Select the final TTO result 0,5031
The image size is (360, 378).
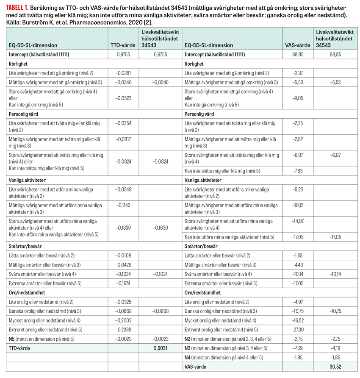pos(159,348)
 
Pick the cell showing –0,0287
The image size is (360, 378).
pos(124,73)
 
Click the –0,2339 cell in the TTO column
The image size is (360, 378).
pos(124,329)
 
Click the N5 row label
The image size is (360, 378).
pos(12,339)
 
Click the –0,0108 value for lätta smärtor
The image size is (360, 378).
pos(124,256)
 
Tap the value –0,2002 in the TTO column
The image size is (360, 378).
pos(124,320)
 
